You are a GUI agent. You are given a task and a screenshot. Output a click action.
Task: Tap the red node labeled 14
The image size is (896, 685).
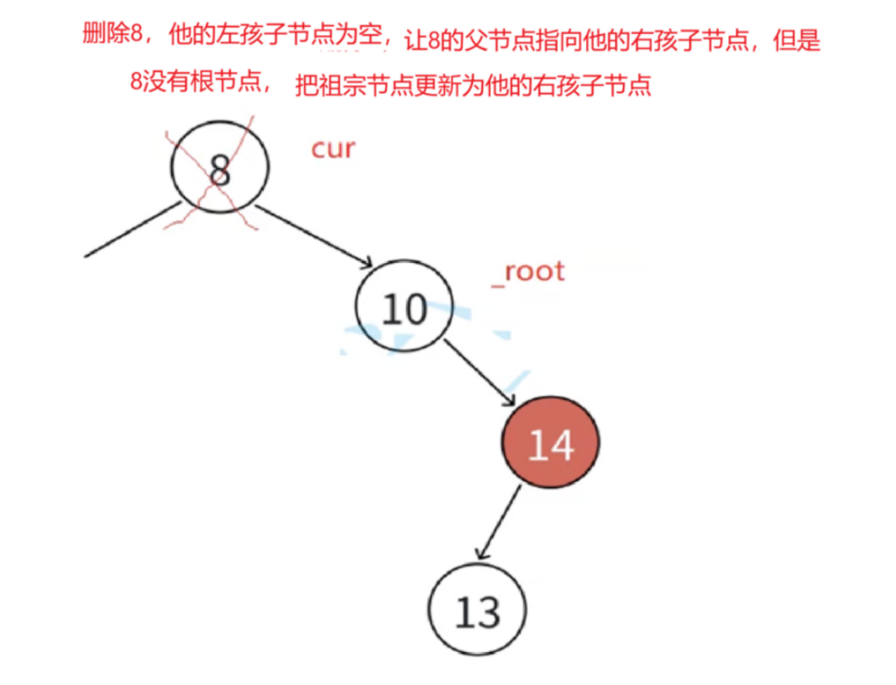551,444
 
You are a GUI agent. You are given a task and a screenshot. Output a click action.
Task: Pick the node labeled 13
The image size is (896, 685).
478,613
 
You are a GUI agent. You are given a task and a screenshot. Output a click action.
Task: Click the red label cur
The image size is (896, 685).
333,149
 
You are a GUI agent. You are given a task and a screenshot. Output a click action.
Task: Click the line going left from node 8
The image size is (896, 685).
132,229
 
